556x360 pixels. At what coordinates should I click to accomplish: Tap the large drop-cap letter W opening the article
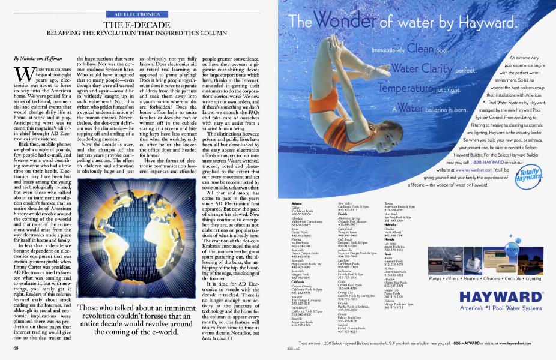[21, 74]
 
